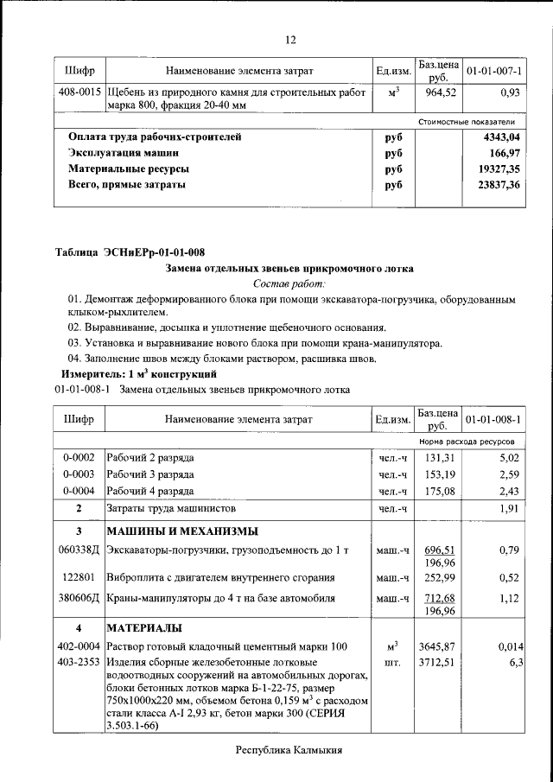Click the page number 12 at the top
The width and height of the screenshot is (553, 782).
pos(290,40)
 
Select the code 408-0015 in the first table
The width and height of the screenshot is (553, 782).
pos(79,91)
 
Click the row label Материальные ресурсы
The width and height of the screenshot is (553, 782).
pos(129,168)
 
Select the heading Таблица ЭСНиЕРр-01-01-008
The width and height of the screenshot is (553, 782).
pos(130,252)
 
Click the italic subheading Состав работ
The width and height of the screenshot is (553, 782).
pos(289,283)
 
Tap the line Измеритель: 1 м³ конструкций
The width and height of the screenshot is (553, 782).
pos(137,374)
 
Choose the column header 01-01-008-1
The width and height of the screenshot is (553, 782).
pos(493,419)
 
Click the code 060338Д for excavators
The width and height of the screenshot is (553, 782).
pos(79,550)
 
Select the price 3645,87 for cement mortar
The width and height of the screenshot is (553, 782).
pos(437,646)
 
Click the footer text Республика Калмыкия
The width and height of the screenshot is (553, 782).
pos(289,751)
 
